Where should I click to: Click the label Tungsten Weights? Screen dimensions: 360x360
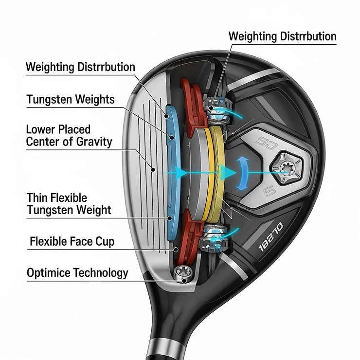[71, 100]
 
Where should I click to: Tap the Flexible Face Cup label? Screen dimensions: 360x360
[72, 241]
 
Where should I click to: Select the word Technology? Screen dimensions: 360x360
[101, 272]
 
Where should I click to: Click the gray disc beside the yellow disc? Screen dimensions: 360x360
[197, 170]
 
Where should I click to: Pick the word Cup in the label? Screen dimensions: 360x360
[105, 241]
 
